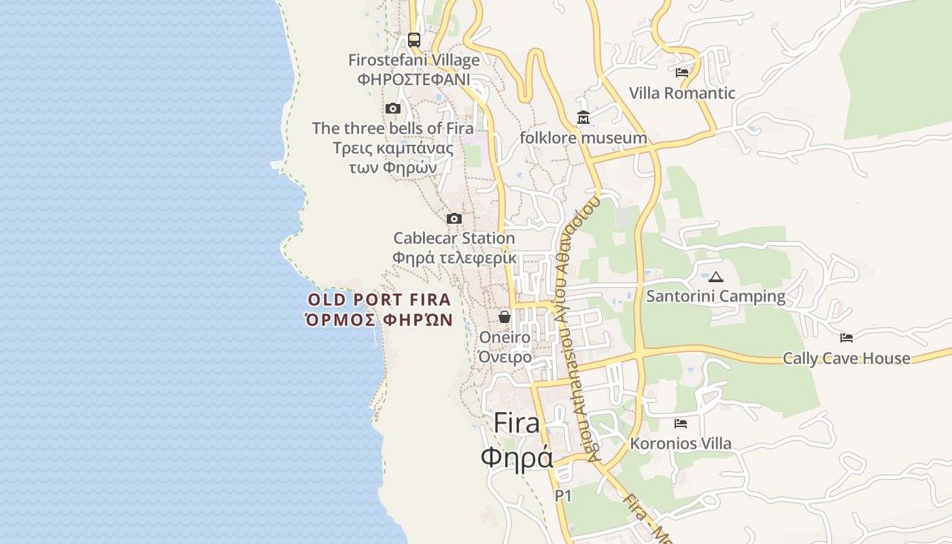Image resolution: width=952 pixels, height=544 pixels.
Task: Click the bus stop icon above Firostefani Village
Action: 413,39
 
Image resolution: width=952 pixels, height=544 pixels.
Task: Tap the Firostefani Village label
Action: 413,60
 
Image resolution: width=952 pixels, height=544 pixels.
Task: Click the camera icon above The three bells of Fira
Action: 392,109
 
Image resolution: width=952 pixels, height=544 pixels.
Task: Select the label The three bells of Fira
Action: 392,128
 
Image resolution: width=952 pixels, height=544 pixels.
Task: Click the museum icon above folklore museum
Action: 583,118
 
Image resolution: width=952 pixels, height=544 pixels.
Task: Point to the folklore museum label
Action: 583,138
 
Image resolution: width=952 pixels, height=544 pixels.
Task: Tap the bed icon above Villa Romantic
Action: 682,73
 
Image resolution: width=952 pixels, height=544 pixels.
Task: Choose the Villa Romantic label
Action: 682,93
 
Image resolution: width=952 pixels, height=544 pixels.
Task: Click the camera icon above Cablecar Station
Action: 454,219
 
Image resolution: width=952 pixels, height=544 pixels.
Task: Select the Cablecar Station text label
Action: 454,239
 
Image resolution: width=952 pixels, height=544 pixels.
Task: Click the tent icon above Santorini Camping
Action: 715,277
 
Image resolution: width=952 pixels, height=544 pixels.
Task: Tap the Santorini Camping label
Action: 715,296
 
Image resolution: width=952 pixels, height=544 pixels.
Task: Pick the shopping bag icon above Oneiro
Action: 505,317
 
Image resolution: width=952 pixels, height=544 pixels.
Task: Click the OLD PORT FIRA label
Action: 379,300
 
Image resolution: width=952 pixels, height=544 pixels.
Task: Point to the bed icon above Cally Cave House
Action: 846,338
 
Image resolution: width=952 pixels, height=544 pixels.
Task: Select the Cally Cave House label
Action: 846,358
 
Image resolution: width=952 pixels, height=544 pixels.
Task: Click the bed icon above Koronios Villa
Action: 681,424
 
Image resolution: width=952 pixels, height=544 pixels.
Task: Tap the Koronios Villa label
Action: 681,444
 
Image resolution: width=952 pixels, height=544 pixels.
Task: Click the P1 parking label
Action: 563,496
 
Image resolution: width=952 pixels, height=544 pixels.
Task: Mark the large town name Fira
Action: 516,423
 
